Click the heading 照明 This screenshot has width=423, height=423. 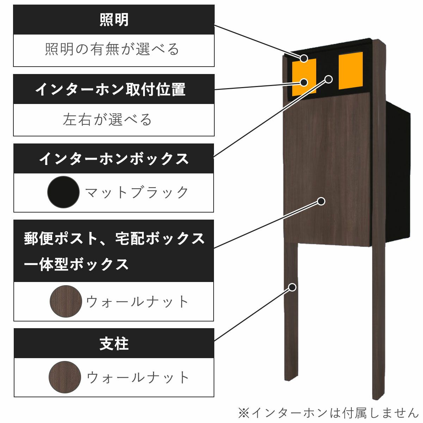pos(114,20)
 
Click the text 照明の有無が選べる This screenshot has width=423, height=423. pos(112,49)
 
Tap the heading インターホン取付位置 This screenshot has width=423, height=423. pos(110,90)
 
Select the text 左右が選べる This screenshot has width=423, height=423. pos(108,120)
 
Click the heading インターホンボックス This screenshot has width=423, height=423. pos(114,159)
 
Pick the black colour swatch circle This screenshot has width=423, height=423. pos(63,192)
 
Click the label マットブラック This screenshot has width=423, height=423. pos(137,192)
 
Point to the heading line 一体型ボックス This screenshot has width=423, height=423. pos(76,264)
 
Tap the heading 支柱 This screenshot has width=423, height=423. pos(114,344)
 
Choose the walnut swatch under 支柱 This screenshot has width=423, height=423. pos(65,377)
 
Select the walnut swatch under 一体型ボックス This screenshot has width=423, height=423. pos(66,301)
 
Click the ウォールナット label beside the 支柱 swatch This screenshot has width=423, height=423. pos(138,378)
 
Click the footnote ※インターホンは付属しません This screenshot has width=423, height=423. pos(328,412)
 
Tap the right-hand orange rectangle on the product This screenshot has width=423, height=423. pos(350,71)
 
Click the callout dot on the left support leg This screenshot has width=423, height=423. pos(292,287)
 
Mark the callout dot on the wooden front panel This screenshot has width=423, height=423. pos(321,201)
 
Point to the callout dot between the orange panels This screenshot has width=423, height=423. pos(328,79)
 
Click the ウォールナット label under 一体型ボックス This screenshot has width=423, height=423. pos(138,302)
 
